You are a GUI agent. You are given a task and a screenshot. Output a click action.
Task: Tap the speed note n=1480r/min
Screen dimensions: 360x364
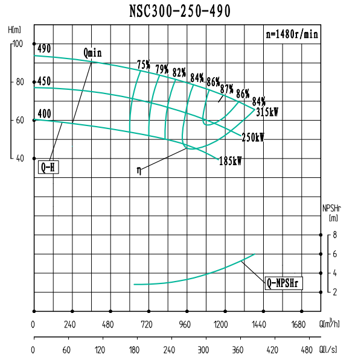[x=292, y=34]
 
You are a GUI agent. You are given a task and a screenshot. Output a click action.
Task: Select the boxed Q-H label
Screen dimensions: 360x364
[x=48, y=168]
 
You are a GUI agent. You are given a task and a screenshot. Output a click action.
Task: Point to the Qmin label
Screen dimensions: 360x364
[x=92, y=52]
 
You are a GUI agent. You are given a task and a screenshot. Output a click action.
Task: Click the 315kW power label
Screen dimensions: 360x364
[x=267, y=112]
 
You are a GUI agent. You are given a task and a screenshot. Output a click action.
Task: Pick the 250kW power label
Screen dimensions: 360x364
[x=253, y=137]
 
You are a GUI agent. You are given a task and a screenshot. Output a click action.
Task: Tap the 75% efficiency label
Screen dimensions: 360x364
[x=143, y=65]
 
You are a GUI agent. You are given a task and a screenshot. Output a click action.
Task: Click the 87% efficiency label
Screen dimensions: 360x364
[x=226, y=88]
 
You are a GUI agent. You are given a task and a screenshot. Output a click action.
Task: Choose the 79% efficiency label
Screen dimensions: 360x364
[x=161, y=68]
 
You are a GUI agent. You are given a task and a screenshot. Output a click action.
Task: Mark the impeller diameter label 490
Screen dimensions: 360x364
[x=44, y=48]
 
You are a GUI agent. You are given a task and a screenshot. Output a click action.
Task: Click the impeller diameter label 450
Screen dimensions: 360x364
[x=44, y=81]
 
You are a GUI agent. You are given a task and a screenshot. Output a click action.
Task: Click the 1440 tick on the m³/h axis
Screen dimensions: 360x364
[x=258, y=324]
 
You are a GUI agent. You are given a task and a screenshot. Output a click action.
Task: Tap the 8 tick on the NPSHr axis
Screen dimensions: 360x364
[x=334, y=235]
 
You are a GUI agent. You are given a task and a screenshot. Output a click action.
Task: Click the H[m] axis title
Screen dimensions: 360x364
[x=15, y=29]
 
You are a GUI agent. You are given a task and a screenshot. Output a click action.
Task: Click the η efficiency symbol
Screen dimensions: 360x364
[x=139, y=171]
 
